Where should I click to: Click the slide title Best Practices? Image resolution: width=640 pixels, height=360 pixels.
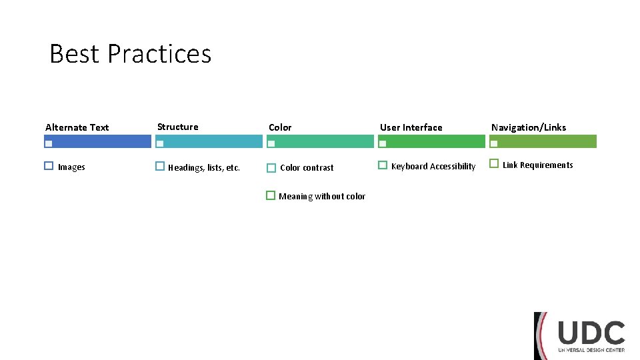131,54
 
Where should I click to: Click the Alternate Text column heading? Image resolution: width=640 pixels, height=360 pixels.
77,127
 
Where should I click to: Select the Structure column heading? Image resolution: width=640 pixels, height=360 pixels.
177,127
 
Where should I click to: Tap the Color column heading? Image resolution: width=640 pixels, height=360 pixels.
280,127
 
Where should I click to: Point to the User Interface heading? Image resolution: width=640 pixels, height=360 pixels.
411,127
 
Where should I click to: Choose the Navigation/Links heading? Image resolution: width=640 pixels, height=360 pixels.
529,127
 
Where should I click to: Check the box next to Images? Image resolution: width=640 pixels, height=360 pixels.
49,165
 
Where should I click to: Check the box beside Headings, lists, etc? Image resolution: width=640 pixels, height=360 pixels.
160,165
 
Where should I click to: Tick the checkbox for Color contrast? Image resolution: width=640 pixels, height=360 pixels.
271,168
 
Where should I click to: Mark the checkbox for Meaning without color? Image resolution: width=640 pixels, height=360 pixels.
271,195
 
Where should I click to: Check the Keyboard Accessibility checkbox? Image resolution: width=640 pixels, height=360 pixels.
383,165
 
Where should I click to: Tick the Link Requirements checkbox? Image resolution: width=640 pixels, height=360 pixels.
494,163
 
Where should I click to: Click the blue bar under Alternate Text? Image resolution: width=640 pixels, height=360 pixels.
100,141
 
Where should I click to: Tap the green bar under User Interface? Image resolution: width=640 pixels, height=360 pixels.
433,141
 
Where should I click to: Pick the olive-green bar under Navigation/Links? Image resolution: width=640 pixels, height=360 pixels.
547,141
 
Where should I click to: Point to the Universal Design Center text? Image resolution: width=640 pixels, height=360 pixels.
591,350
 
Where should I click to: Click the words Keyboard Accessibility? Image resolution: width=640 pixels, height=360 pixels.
433,167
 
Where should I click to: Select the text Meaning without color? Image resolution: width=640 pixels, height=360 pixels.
322,197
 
